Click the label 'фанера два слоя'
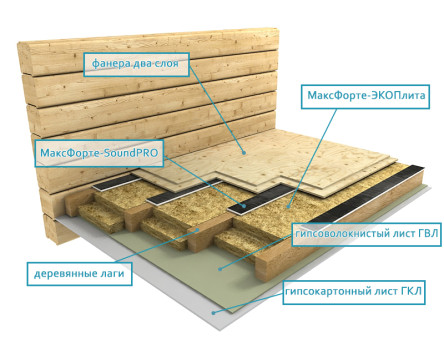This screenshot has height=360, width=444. point(136,64)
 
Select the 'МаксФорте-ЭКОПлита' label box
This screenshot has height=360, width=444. point(365,97)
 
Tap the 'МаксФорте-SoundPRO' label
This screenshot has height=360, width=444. point(99,153)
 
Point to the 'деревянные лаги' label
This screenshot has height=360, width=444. point(79,274)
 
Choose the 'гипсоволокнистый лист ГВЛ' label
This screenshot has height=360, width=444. point(367,234)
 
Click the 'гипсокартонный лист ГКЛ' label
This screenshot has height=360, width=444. point(354,292)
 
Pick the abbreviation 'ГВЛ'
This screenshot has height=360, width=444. point(428,234)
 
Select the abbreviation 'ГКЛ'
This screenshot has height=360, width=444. point(411,292)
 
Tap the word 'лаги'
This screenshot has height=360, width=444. point(113,274)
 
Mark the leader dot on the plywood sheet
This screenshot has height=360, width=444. point(244,153)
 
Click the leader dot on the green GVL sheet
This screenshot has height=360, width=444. point(220,269)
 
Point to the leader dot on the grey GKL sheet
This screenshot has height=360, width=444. point(213,313)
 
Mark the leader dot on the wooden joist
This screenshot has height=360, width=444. point(198,229)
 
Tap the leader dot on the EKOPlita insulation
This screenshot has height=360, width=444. point(289,207)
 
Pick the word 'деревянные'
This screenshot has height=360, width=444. point(66,274)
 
